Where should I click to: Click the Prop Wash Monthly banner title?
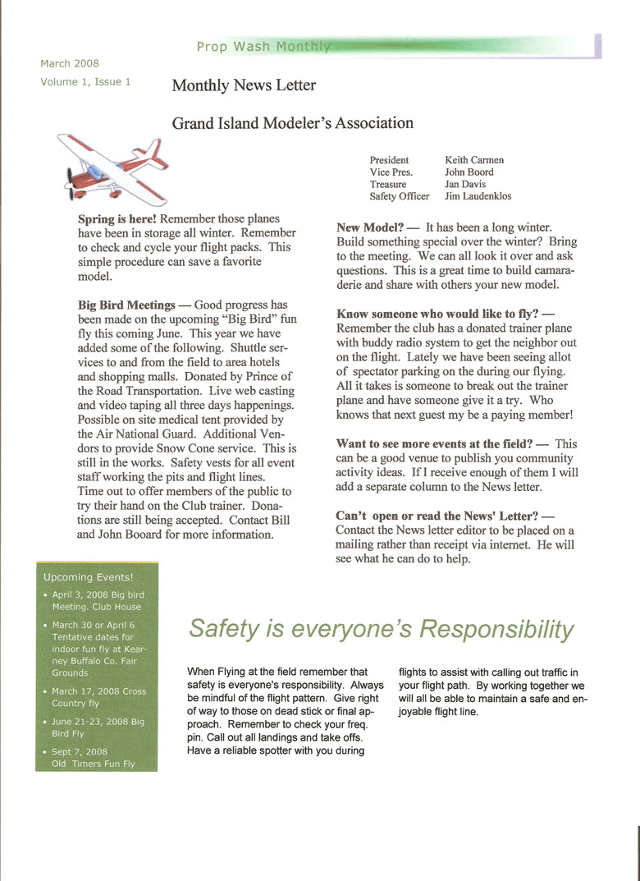pos(263,47)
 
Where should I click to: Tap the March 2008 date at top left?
pos(69,63)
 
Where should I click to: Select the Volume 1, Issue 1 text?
pos(85,81)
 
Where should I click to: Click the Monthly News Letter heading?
pos(244,85)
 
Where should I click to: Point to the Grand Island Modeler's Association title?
pos(292,123)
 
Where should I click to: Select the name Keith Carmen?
pos(474,160)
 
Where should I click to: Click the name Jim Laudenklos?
pos(478,197)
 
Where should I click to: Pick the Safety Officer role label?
pos(399,197)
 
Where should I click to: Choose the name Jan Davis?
pos(469,185)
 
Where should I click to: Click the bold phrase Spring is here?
pos(117,219)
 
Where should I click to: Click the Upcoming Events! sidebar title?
pos(88,577)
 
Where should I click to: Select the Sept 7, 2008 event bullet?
pos(80,751)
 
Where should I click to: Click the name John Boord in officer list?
pos(469,172)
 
